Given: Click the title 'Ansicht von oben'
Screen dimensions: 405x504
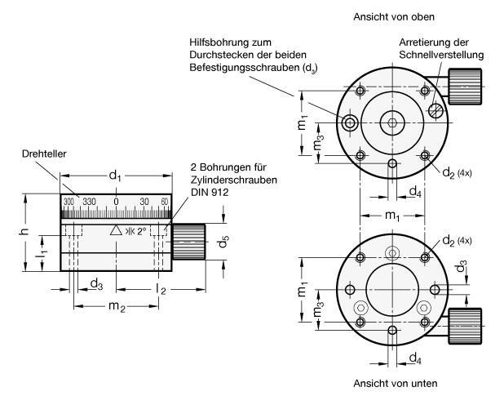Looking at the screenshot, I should pyautogui.click(x=390, y=16).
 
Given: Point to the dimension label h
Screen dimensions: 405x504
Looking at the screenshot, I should pyautogui.click(x=24, y=231).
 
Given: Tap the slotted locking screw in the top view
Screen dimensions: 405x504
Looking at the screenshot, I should pyautogui.click(x=437, y=107).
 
